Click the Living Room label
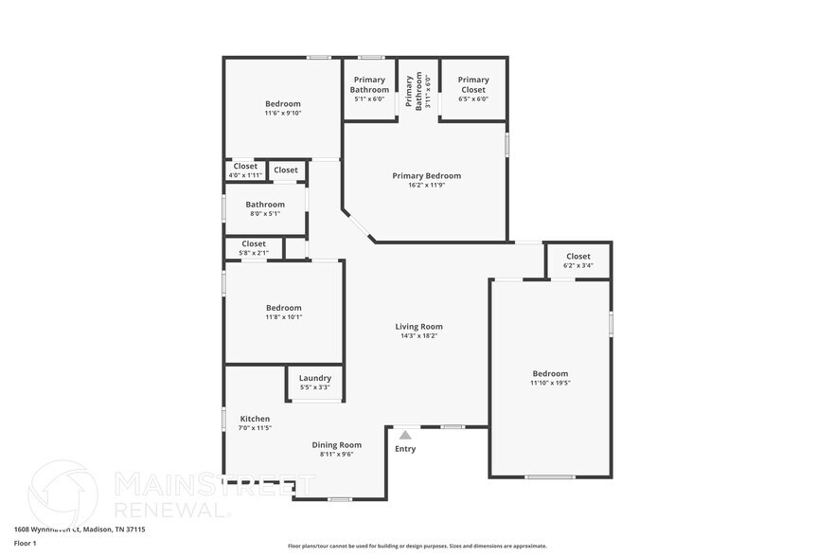coord(418,327)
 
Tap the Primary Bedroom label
coord(426,175)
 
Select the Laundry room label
coord(314,378)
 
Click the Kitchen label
coord(255,419)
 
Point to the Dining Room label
coord(337,445)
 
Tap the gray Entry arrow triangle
coord(405,435)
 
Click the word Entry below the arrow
coord(405,449)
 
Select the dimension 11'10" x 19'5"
coord(550,383)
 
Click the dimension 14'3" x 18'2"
coord(418,335)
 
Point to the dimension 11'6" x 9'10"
coord(282,113)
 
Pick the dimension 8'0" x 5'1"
coord(265,213)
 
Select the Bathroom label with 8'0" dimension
coord(265,204)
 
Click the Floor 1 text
coord(25,543)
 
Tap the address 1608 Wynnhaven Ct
coord(47,530)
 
